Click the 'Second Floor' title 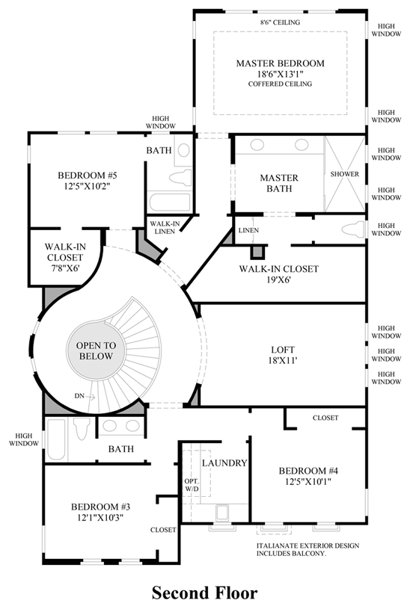205,593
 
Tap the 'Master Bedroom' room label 280,64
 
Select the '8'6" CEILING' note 280,22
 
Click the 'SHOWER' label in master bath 345,174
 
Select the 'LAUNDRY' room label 224,463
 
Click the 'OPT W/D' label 192,486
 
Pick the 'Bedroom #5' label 88,176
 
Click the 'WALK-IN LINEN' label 164,228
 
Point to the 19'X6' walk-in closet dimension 278,281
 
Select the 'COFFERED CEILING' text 280,84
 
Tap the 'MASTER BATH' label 279,183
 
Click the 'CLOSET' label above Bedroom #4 325,418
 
